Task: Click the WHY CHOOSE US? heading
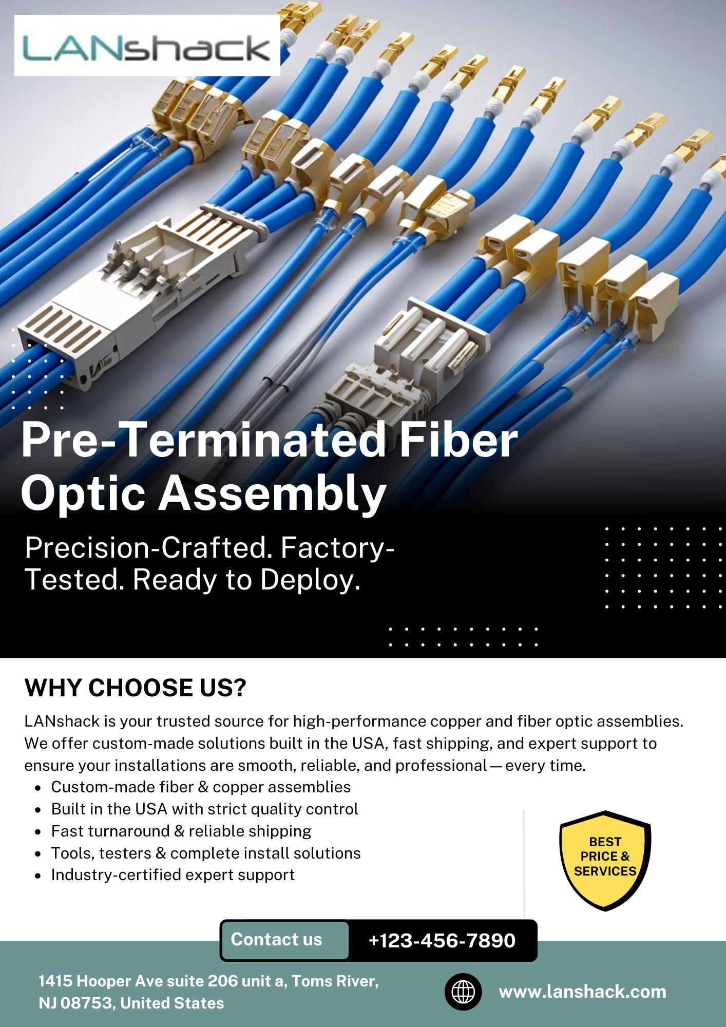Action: click(136, 688)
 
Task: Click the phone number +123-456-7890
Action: click(442, 940)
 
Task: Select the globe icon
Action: click(463, 992)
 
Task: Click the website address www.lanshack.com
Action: click(582, 991)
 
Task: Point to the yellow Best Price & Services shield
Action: click(605, 860)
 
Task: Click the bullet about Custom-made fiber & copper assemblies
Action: click(201, 787)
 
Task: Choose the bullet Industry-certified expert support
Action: click(173, 874)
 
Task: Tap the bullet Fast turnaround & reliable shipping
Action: click(181, 831)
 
